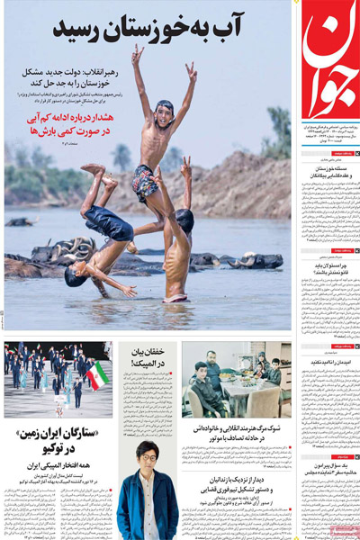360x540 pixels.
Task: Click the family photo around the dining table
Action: (237, 378)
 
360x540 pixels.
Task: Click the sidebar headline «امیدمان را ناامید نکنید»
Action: (330, 364)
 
